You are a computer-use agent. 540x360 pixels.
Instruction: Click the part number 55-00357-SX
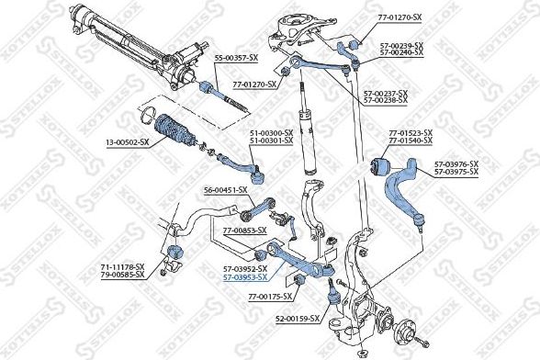[237, 58]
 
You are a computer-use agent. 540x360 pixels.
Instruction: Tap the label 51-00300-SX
[271, 133]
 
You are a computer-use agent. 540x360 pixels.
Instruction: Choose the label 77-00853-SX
[244, 230]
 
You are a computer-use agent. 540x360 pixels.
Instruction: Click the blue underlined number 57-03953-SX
[245, 276]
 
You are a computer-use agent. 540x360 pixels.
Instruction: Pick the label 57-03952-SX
[245, 268]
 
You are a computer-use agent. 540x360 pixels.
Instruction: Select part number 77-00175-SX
[259, 297]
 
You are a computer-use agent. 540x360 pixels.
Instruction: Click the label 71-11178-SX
[123, 267]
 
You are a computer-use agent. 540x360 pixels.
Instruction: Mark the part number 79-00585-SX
[123, 276]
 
